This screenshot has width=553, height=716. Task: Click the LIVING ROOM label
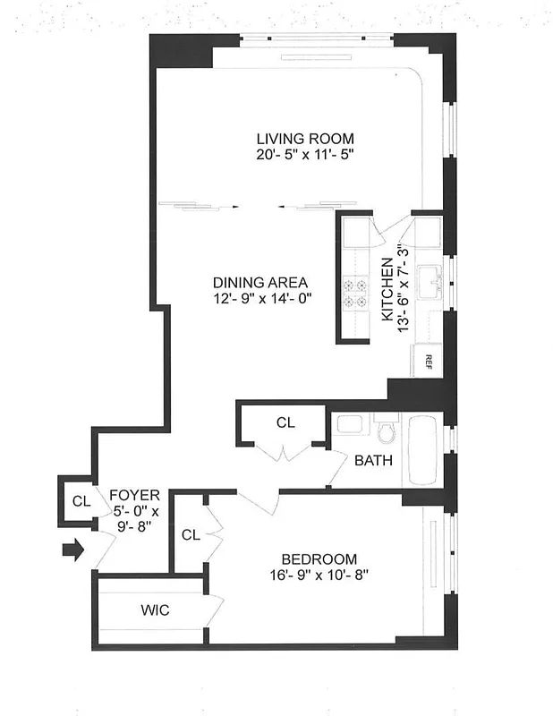click(x=305, y=139)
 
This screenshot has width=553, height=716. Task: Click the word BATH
click(x=371, y=462)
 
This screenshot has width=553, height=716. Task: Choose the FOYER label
click(x=134, y=495)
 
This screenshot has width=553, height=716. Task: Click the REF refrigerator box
click(x=428, y=362)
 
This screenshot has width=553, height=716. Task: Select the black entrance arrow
click(x=72, y=548)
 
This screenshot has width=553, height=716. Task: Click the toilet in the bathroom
click(x=387, y=432)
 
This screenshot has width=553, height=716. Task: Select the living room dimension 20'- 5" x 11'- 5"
click(x=305, y=155)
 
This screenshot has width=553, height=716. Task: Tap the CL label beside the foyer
click(x=81, y=501)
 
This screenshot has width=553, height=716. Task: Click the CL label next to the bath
click(x=285, y=422)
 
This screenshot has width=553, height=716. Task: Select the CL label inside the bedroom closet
click(x=190, y=535)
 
